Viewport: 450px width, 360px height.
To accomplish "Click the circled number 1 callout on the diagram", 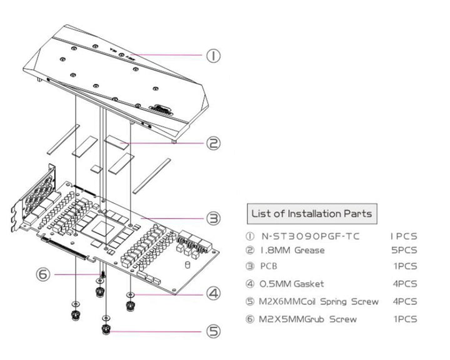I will coord(214,56).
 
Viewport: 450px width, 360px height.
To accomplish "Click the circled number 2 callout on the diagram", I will coord(214,143).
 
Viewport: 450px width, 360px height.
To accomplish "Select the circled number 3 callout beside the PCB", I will coord(214,218).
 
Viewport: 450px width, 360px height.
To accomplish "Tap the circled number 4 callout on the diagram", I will coord(214,292).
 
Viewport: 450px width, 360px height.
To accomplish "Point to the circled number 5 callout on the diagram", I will coord(214,331).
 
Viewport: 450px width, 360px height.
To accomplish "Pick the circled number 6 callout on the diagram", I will coord(43,274).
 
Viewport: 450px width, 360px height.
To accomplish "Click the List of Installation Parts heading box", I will coord(311,214).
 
